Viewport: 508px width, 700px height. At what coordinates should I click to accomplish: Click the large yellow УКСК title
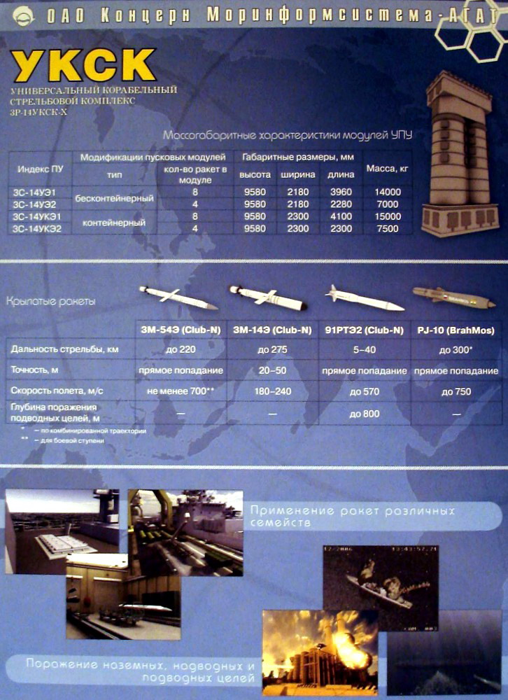[x=84, y=66]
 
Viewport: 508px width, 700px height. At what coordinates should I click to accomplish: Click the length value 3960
[x=341, y=191]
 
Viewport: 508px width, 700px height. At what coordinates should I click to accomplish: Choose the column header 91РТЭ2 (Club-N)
[x=364, y=330]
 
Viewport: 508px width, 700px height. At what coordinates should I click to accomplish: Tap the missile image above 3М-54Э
[x=178, y=297]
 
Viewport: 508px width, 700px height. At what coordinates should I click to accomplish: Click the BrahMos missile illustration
[x=453, y=296]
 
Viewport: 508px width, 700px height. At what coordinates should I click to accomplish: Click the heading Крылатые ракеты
[x=51, y=302]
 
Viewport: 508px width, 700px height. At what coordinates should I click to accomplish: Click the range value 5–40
[x=364, y=349]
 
